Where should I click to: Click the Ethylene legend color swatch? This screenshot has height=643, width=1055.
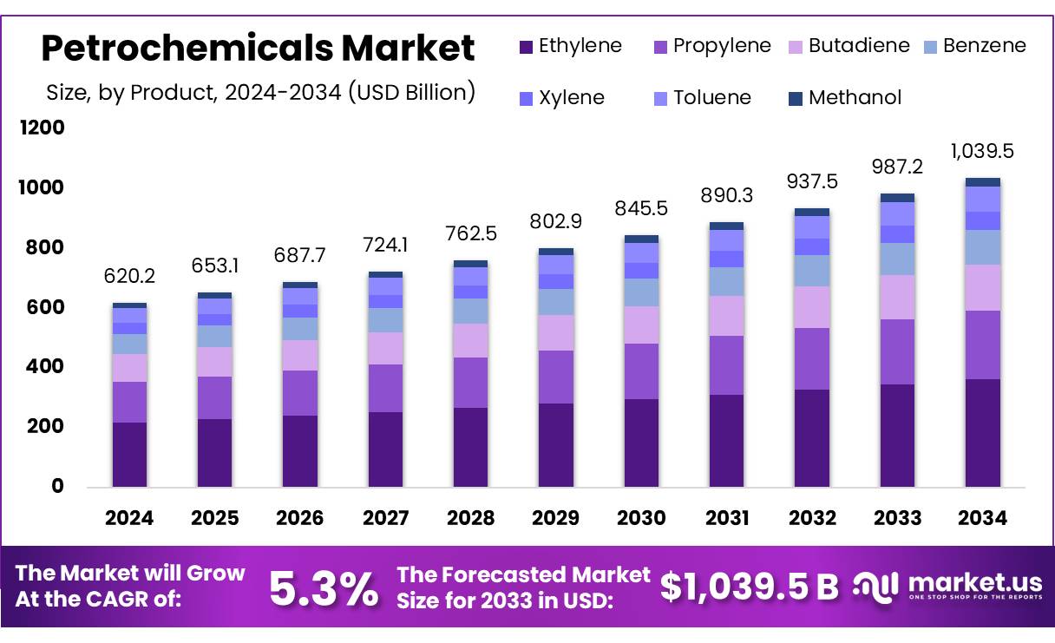click(525, 47)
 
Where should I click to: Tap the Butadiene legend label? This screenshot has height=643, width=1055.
click(859, 46)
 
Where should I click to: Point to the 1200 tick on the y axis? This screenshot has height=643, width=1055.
click(42, 128)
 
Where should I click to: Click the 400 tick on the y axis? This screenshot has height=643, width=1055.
click(45, 367)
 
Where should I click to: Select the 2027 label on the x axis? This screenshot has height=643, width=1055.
click(385, 518)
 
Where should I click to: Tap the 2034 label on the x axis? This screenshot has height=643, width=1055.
click(982, 518)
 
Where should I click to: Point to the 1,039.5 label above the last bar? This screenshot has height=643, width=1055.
click(982, 151)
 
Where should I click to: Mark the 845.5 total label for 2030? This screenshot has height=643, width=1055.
click(641, 208)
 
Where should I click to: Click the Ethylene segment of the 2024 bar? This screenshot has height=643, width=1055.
click(129, 454)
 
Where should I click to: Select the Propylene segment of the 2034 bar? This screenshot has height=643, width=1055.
click(982, 344)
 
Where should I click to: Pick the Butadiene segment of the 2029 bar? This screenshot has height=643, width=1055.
click(555, 332)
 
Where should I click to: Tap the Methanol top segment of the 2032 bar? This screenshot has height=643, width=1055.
click(812, 212)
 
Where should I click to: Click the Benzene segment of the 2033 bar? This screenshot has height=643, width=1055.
click(897, 259)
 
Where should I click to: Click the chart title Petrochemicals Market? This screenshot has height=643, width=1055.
click(258, 48)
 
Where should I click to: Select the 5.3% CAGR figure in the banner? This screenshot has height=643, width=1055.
click(323, 587)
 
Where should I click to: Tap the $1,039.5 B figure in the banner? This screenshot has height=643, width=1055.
click(749, 587)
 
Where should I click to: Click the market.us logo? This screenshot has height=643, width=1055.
click(946, 586)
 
